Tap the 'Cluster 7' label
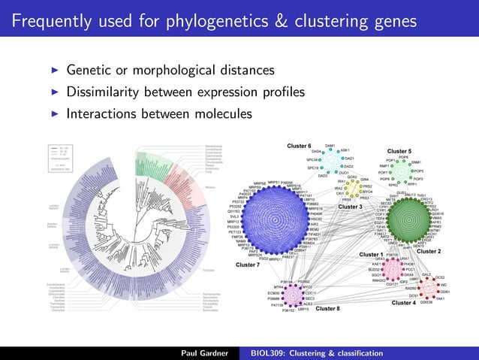(x=248, y=265)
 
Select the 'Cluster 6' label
(x=299, y=145)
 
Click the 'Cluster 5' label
(x=399, y=152)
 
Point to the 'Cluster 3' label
(x=350, y=207)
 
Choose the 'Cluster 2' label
(x=429, y=251)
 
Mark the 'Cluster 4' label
(x=404, y=303)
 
